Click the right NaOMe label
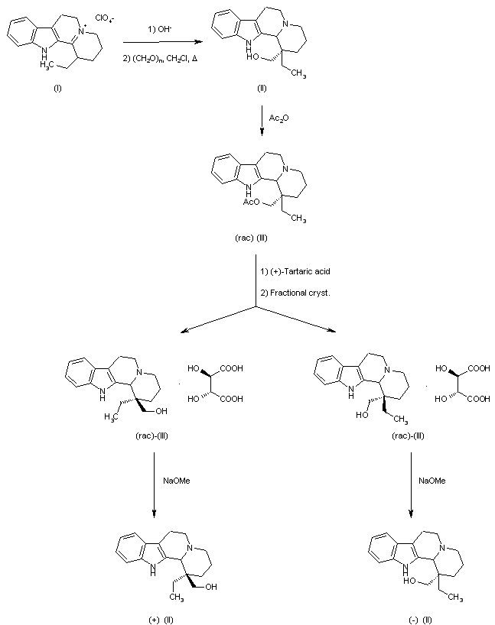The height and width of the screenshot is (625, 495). click(x=430, y=481)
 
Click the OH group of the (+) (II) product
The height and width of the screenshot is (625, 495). click(x=210, y=587)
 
